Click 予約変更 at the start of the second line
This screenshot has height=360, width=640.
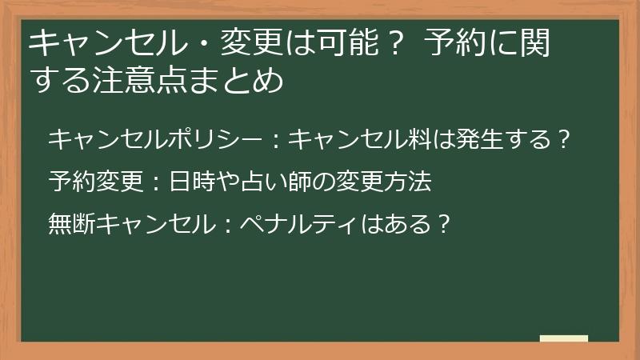[94, 182]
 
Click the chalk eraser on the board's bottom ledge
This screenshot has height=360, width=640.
[564, 339]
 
